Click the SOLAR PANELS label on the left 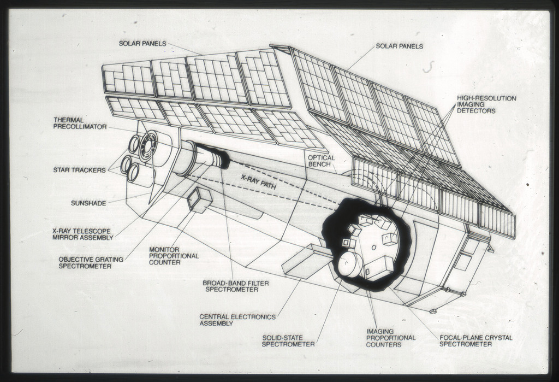tap(142, 43)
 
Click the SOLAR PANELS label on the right tap(399, 46)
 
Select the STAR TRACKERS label tap(79, 170)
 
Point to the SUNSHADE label tap(88, 203)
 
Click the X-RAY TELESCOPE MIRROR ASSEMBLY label tap(83, 234)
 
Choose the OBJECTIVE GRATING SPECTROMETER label tap(91, 262)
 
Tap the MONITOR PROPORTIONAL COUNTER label tap(174, 255)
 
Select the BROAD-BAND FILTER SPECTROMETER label tap(235, 286)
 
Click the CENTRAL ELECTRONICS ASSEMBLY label tap(237, 320)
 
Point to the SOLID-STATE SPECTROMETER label tap(288, 340)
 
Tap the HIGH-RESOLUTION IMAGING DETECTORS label tap(486, 104)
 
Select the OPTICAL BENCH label tap(322, 161)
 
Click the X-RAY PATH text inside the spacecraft tap(258, 181)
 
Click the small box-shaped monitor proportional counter tap(200, 200)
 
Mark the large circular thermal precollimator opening tap(148, 145)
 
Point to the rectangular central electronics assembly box tap(306, 261)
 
